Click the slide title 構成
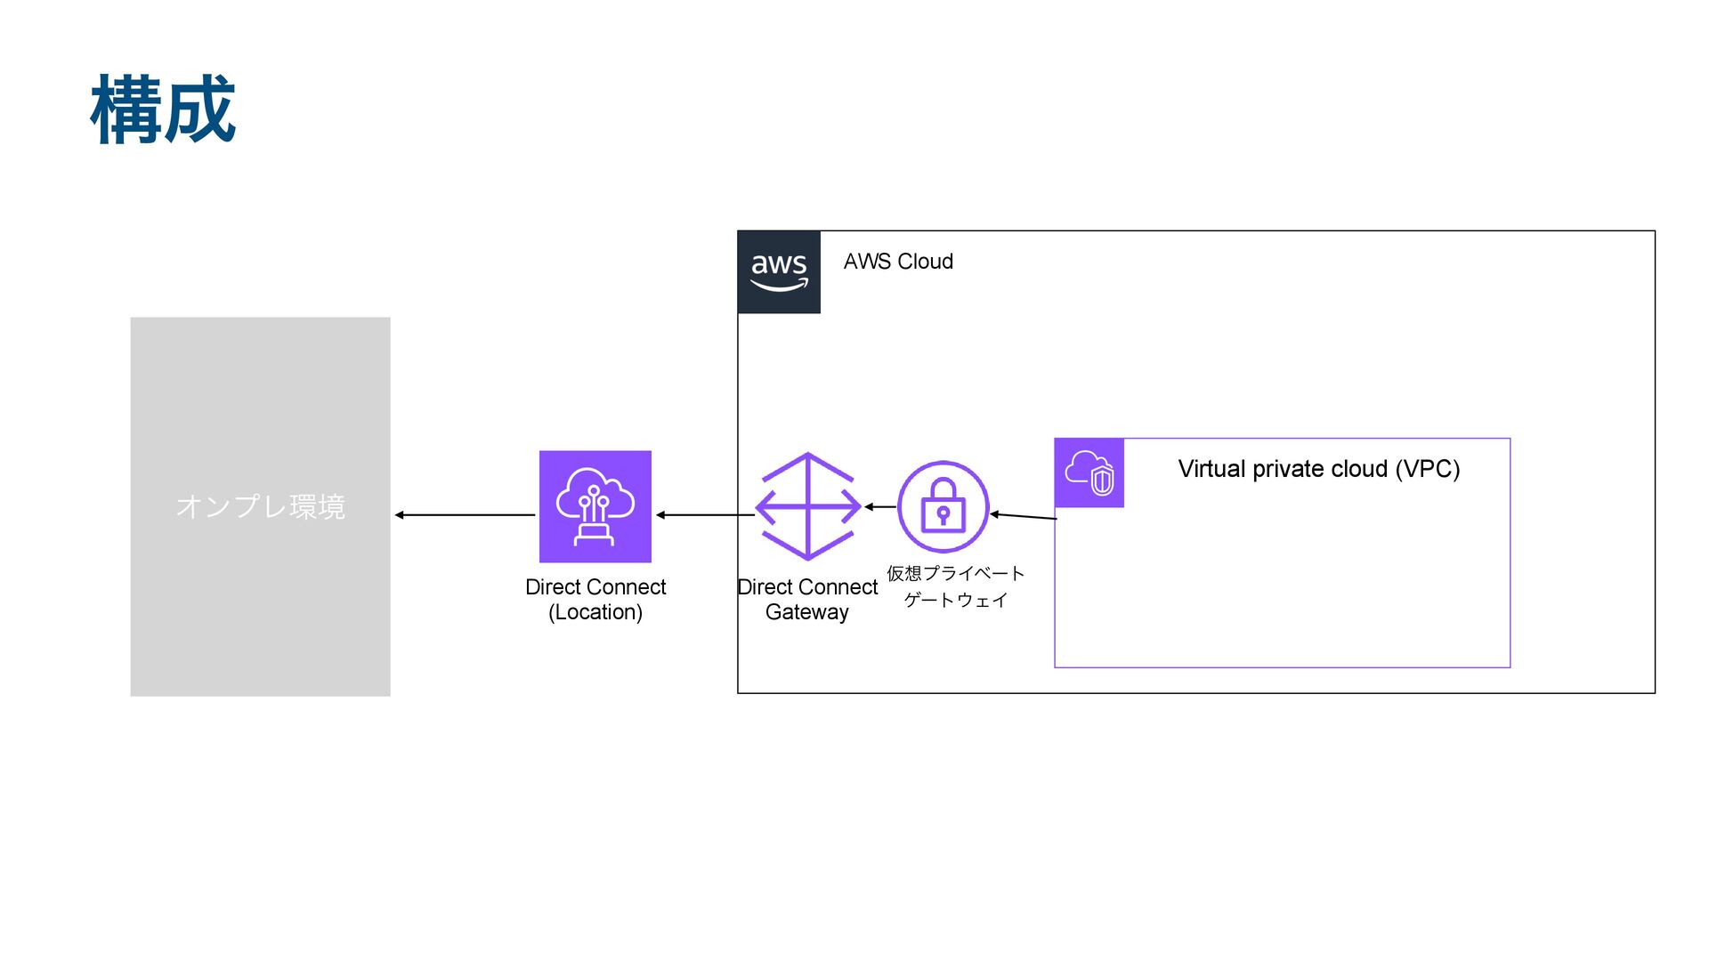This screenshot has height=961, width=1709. (163, 109)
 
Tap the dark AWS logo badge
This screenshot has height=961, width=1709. (779, 272)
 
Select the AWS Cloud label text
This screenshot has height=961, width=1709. (898, 262)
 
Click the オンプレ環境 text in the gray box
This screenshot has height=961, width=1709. (260, 506)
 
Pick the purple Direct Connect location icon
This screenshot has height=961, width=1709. (595, 506)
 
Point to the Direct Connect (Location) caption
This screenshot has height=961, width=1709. (595, 600)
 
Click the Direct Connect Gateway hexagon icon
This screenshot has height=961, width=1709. (807, 506)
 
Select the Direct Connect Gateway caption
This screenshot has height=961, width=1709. (807, 600)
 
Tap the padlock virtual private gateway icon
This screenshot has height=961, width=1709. (944, 506)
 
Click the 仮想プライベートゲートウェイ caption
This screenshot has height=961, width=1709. (956, 586)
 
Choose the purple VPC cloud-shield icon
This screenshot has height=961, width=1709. (1089, 472)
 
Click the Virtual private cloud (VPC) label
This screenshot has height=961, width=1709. (1318, 469)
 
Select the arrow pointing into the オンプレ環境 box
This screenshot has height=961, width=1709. (465, 515)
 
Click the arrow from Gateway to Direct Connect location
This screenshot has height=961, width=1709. (705, 515)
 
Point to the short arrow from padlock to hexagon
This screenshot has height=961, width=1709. (880, 507)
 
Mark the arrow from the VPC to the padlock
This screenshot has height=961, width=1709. (1024, 516)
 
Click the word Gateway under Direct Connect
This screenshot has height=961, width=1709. (807, 612)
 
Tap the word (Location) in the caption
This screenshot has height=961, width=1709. (595, 612)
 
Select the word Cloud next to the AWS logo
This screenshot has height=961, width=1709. (926, 262)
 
